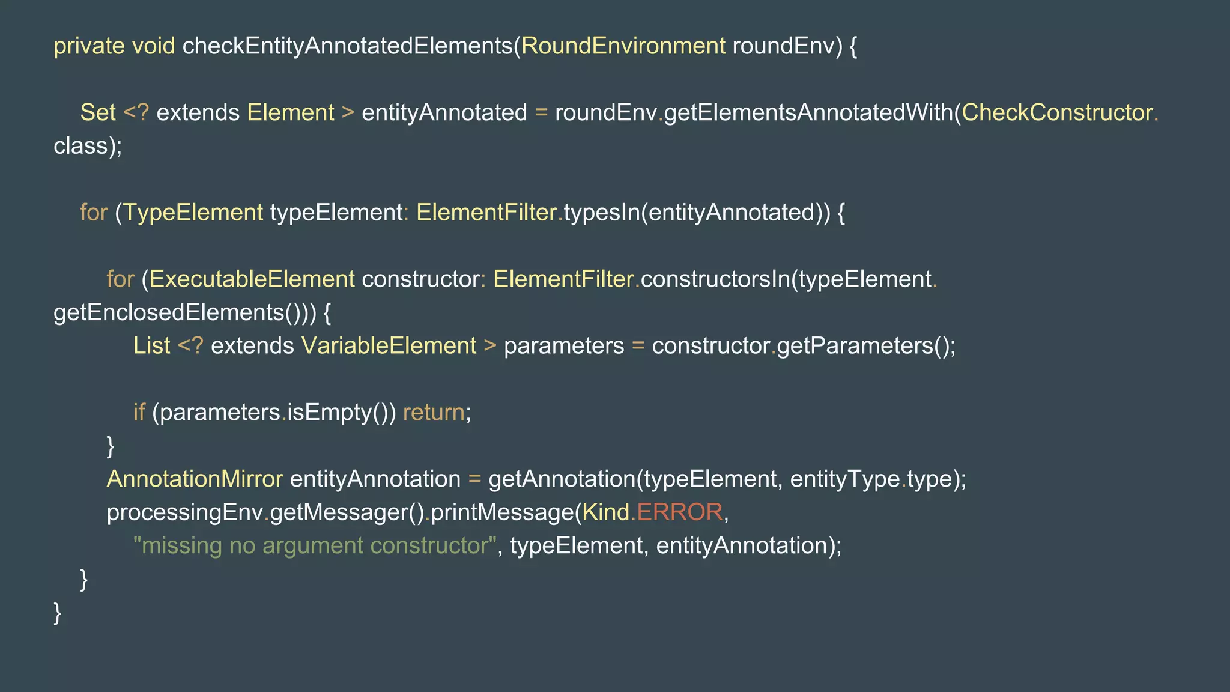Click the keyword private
pyautogui.click(x=89, y=46)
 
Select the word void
pyautogui.click(x=153, y=46)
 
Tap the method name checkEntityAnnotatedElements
pyautogui.click(x=347, y=46)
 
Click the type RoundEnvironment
pyautogui.click(x=623, y=46)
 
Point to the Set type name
pyautogui.click(x=98, y=113)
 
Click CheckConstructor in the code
pyautogui.click(x=1057, y=113)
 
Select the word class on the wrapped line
pyautogui.click(x=80, y=146)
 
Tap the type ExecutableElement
pyautogui.click(x=252, y=279)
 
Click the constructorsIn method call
pyautogui.click(x=715, y=279)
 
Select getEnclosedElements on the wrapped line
pyautogui.click(x=169, y=312)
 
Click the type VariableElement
pyautogui.click(x=389, y=346)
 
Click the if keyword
pyautogui.click(x=139, y=413)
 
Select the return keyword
pyautogui.click(x=434, y=413)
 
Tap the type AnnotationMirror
pyautogui.click(x=195, y=479)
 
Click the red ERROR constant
pyautogui.click(x=679, y=512)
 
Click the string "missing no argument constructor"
pyautogui.click(x=315, y=546)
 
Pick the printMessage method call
pyautogui.click(x=502, y=512)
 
